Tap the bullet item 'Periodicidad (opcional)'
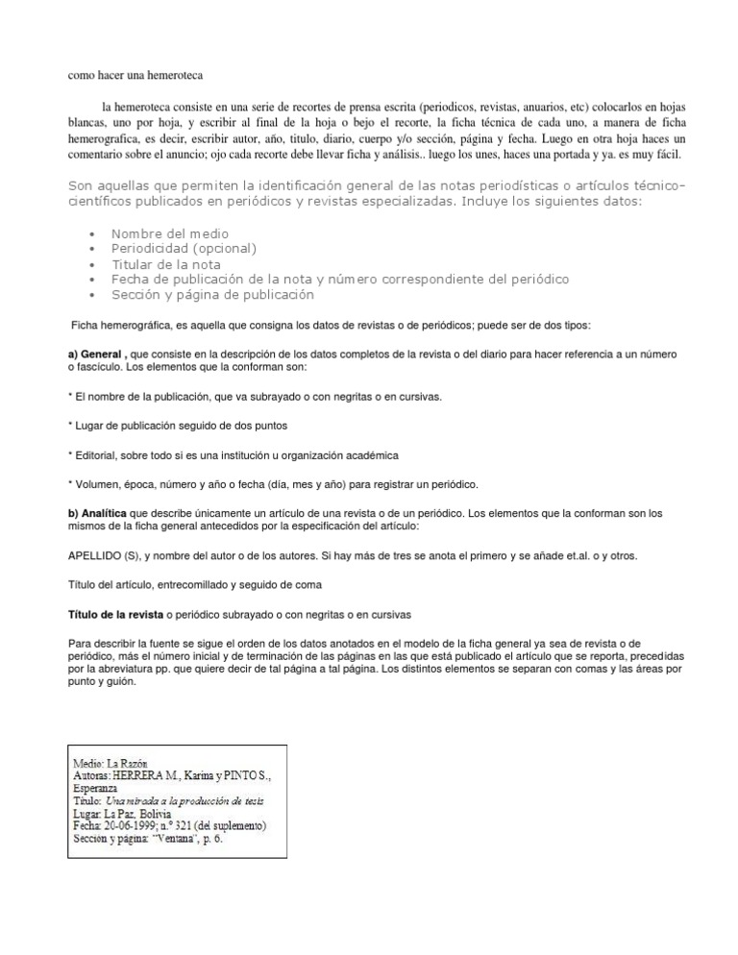(184, 248)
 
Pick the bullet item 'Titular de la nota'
(166, 264)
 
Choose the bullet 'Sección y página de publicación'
(212, 295)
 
